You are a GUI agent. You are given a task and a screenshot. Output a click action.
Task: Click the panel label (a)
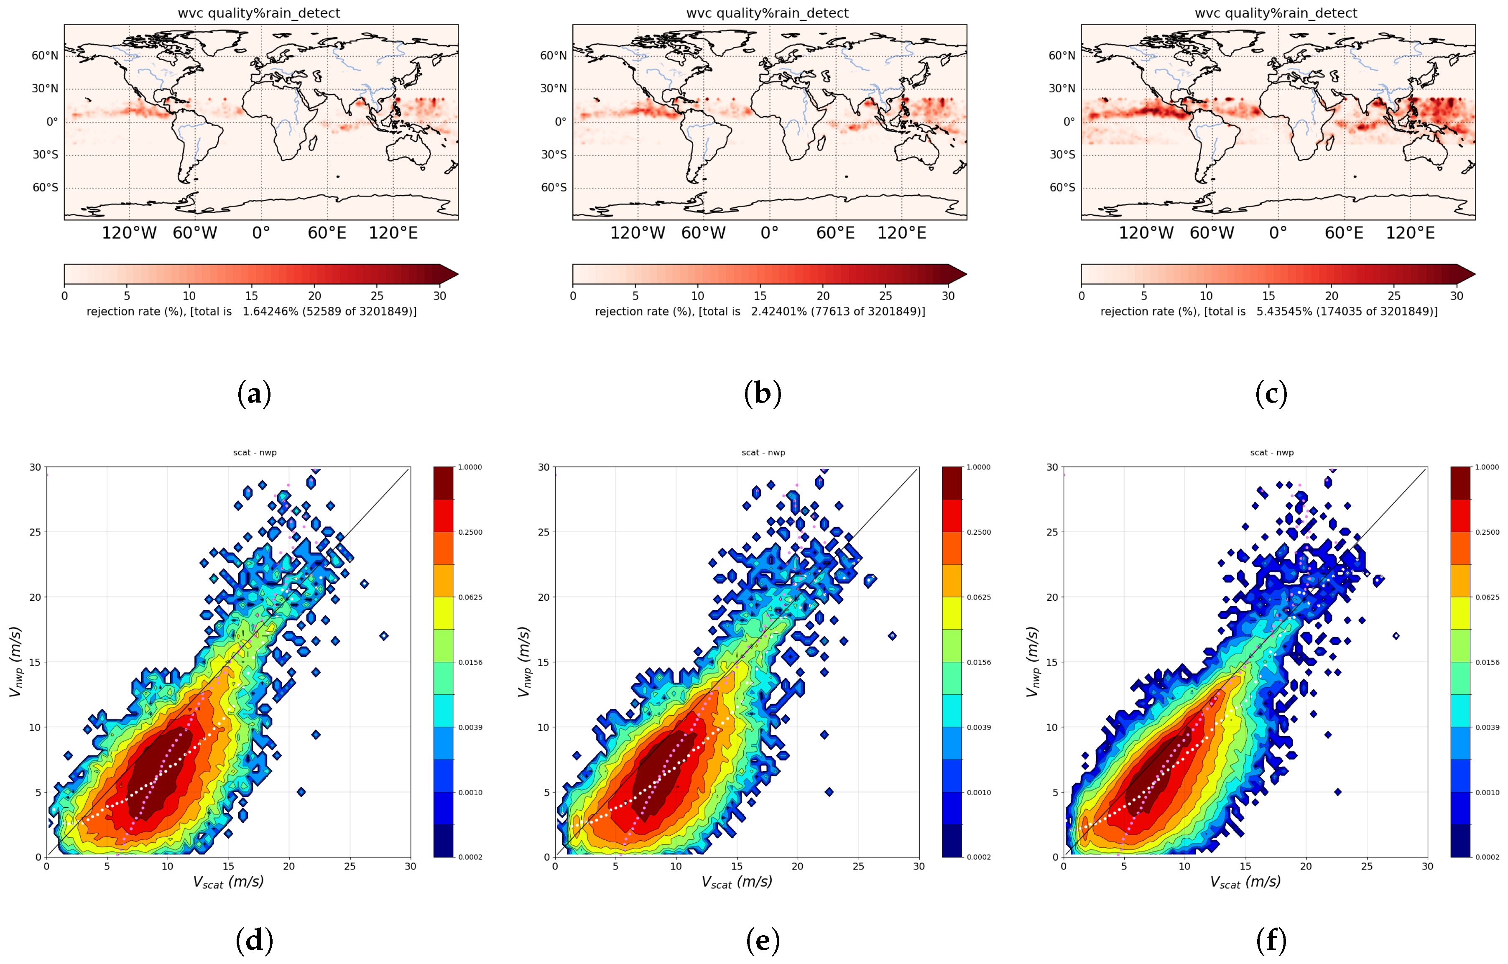254,394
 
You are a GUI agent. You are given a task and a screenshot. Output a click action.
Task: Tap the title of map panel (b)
767,13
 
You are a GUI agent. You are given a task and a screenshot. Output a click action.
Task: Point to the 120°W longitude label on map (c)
1146,233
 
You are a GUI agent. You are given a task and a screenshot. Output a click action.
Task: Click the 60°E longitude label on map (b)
835,233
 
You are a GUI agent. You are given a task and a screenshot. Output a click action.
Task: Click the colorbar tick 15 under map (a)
252,296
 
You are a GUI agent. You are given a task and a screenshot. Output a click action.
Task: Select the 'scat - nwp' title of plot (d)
255,452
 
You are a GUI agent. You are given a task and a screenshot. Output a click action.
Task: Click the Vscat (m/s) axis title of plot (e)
737,882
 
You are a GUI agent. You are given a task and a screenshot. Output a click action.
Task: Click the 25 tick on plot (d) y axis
34,532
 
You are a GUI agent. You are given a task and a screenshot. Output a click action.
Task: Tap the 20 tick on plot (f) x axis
1306,866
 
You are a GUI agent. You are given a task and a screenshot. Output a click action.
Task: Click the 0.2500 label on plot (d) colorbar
470,533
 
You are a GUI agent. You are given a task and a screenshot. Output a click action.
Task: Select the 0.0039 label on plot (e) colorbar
979,728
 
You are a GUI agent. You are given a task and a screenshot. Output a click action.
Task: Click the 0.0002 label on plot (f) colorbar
1488,857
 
